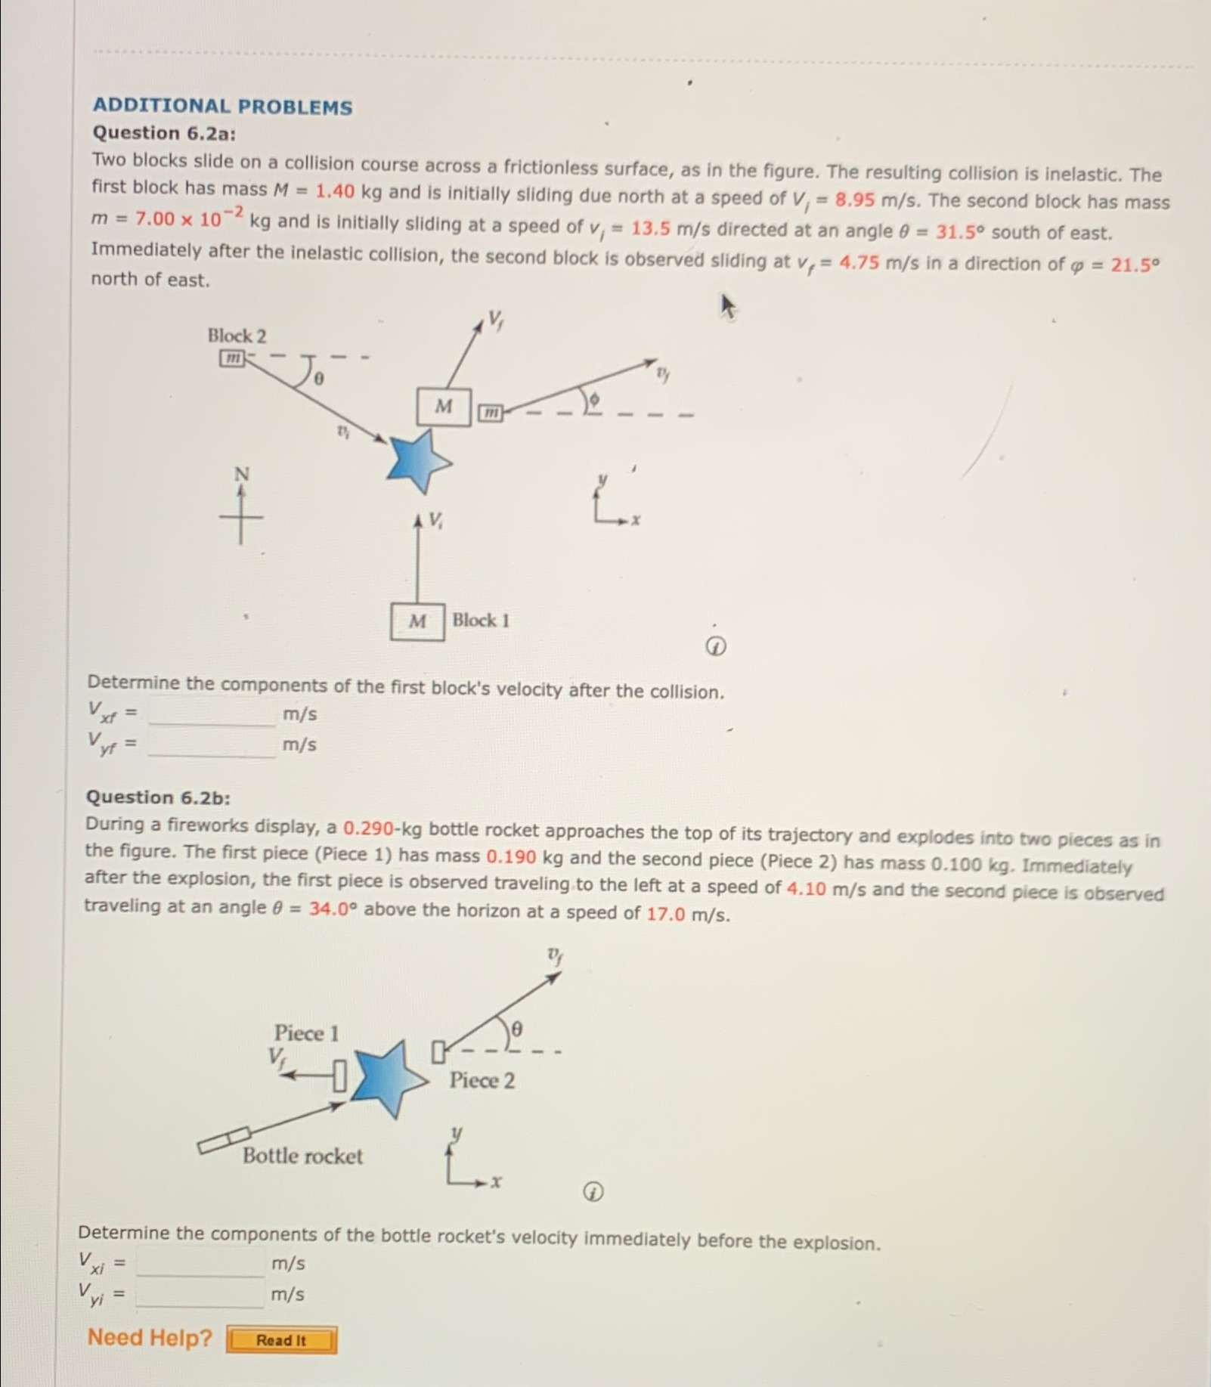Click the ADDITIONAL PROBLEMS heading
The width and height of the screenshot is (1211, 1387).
222,107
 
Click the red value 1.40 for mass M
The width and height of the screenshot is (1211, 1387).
334,191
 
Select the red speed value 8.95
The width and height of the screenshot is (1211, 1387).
854,200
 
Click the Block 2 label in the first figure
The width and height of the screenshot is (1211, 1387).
237,336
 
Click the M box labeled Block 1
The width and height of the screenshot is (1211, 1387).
417,621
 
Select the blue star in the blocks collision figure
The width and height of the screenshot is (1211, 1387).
417,461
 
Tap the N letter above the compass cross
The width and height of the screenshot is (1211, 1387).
241,474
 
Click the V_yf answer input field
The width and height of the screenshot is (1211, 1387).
212,745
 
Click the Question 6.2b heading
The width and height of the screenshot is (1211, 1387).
158,797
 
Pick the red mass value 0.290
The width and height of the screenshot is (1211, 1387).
368,828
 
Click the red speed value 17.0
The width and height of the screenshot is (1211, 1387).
665,914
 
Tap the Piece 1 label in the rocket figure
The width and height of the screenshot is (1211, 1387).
306,1033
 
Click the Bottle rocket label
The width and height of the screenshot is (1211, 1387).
302,1156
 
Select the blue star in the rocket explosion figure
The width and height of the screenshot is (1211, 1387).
388,1079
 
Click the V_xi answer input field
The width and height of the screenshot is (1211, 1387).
201,1263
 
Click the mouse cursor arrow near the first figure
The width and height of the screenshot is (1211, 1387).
727,307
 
